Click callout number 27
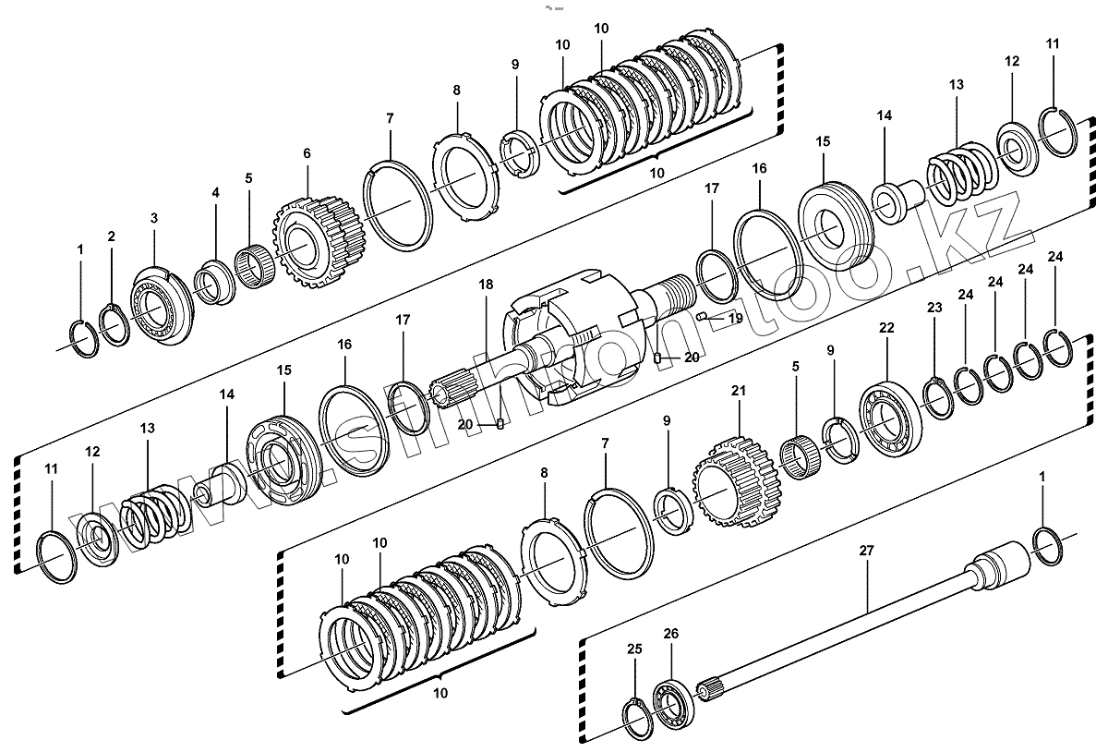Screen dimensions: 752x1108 [x=866, y=551]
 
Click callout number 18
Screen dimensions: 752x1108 [x=487, y=285]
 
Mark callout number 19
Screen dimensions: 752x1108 [x=735, y=318]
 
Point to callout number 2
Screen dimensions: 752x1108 [x=111, y=237]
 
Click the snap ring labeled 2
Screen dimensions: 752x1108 [x=114, y=325]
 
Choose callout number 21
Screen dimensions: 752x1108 [x=738, y=391]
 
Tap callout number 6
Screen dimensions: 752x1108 [x=307, y=154]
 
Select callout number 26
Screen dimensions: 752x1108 [x=671, y=634]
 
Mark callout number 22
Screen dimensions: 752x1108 [x=886, y=328]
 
